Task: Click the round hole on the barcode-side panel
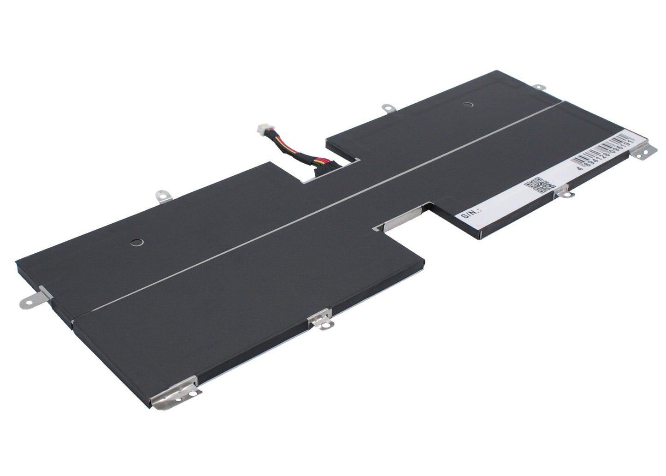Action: coord(468,105)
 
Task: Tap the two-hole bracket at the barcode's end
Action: coord(643,150)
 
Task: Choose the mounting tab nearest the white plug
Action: coord(386,108)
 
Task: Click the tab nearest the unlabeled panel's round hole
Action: coord(161,196)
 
